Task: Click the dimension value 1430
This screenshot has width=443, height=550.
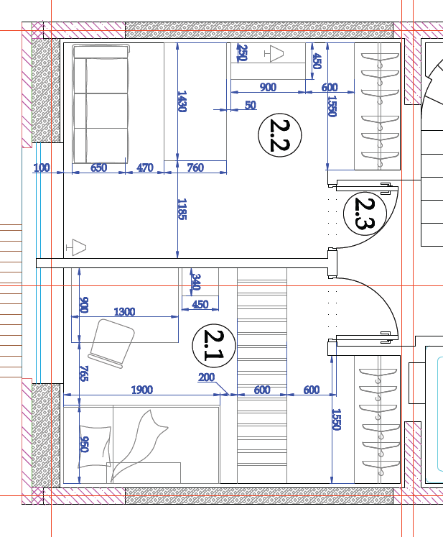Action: coord(182,101)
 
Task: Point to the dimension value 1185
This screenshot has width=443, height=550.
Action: coord(182,209)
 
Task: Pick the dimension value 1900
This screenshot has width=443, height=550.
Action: coord(142,390)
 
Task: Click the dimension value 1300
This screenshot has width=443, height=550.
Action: coord(124,311)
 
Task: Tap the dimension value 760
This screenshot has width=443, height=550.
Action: coord(195,168)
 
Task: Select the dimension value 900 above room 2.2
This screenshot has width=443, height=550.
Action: coord(268,87)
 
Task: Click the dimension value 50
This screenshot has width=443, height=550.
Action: coord(251,105)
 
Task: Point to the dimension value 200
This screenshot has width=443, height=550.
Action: coord(206,377)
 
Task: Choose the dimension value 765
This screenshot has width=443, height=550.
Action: coord(84,373)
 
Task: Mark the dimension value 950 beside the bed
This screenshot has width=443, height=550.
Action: coord(84,444)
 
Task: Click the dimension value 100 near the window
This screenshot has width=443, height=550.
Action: coord(42,168)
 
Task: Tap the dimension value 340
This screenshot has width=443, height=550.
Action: coord(196,282)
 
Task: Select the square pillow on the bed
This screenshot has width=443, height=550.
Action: coord(95,447)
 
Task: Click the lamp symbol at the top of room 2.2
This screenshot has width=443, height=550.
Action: coord(274,54)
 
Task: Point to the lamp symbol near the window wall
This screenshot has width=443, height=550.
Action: coord(76,247)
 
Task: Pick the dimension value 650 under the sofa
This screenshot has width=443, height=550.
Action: coord(99,168)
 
